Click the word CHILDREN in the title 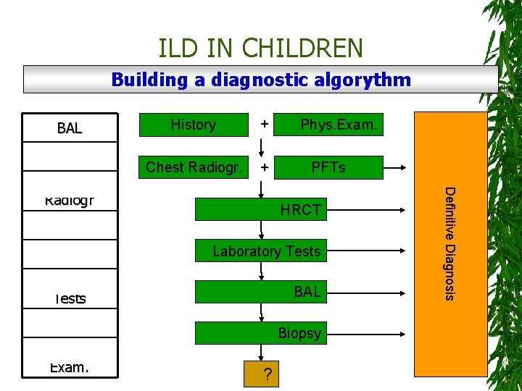tap(302, 49)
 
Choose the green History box tap(193, 125)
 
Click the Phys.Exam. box tap(339, 125)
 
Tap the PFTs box tap(328, 167)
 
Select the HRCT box tap(300, 211)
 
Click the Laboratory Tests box tap(266, 251)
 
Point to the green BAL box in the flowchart tap(307, 293)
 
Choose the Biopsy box tap(299, 334)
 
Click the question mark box tap(268, 374)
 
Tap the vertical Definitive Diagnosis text tap(449, 243)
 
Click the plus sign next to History tap(265, 125)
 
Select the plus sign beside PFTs tap(265, 168)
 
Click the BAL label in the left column tap(70, 129)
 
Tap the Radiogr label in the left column tap(70, 200)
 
